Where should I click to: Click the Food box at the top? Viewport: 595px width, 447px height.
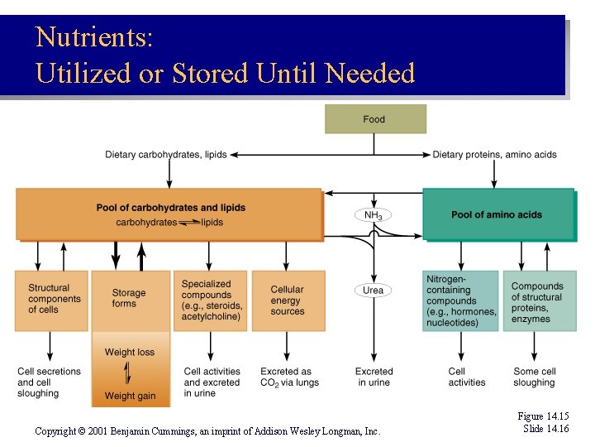375,119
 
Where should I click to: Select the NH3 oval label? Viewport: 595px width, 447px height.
374,215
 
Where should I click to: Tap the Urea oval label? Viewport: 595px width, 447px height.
374,291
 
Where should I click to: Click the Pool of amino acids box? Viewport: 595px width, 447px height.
497,214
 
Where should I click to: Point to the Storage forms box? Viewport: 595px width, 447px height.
129,299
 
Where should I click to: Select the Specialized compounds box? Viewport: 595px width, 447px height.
211,300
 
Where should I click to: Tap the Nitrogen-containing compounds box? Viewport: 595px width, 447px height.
461,300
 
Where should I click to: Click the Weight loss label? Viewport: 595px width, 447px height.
129,352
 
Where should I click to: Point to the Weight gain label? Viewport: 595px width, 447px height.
130,396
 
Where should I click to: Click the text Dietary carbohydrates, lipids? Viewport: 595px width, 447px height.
165,154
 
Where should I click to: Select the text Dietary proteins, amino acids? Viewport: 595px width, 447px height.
494,154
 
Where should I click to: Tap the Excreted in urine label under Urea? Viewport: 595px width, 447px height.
374,377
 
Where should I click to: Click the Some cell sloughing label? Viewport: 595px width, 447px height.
534,377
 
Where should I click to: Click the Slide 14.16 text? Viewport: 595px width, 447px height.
545,428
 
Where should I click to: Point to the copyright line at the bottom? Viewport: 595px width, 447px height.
207,431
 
